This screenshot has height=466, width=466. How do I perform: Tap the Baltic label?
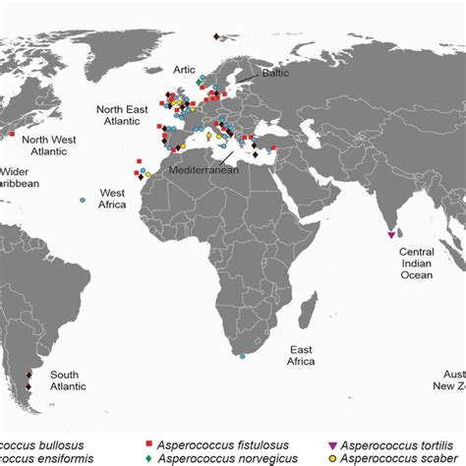274,72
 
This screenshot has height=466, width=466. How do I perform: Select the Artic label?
184,69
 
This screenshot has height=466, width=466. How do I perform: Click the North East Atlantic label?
123,115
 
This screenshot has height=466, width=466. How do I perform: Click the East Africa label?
301,355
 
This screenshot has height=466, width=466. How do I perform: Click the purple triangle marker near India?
392,234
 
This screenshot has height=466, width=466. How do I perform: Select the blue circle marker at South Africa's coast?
243,356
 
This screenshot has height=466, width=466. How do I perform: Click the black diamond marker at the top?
214,37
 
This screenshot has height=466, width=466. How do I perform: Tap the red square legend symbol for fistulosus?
148,444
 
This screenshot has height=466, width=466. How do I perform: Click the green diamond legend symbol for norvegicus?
148,458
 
